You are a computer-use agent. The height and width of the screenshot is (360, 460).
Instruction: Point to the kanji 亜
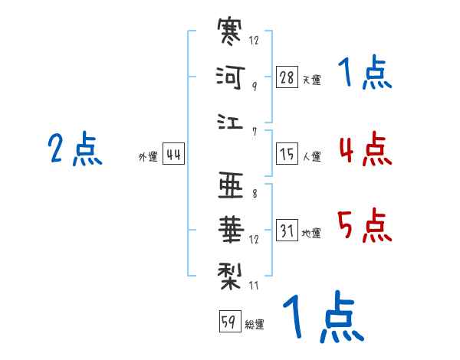(x=231, y=185)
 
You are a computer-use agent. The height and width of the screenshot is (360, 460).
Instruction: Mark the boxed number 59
(x=228, y=321)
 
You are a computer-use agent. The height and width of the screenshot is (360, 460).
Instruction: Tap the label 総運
(x=255, y=324)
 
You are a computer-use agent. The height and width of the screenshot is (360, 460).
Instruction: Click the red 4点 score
(x=365, y=149)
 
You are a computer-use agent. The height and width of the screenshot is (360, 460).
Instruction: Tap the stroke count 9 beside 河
(x=254, y=86)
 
